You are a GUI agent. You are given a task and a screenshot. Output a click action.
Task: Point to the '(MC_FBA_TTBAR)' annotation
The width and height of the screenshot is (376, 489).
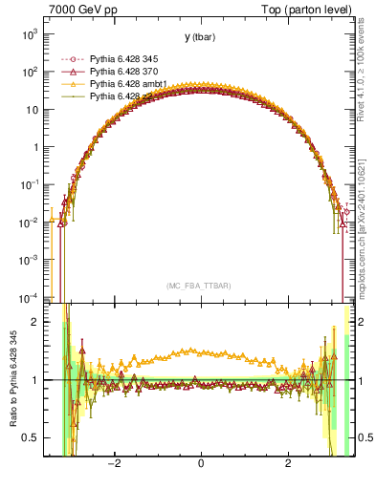tap(200, 286)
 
